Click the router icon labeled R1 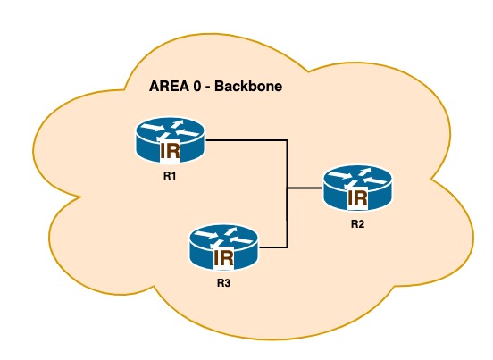[170, 139]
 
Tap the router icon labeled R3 [223, 247]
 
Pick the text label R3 [223, 284]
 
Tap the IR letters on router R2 [356, 197]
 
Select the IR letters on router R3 [223, 258]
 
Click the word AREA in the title [167, 89]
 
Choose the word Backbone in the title [245, 89]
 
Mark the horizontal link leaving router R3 [272, 247]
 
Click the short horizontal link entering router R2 [305, 188]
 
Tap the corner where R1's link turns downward [287, 140]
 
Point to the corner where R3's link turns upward [287, 247]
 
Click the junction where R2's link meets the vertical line [287, 188]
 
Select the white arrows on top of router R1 [170, 129]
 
